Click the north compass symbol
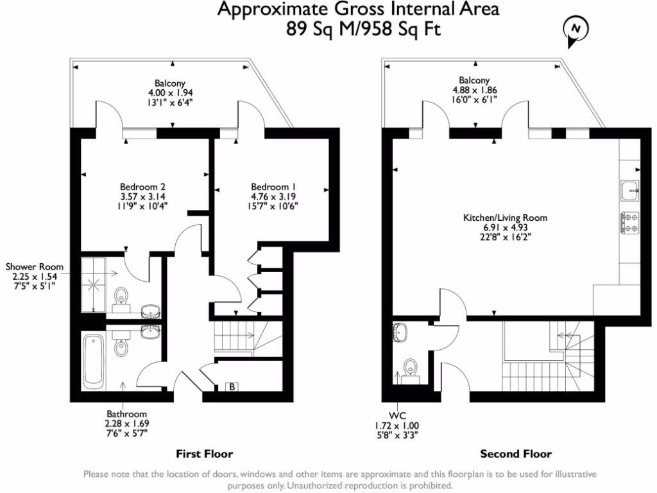point(576,30)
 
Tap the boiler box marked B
point(232,386)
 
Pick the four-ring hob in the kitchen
point(629,222)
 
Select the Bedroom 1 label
point(274,187)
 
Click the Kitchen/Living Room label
point(505,218)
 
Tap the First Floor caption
point(204,454)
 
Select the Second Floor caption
point(516,454)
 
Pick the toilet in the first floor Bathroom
point(121,347)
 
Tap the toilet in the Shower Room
point(121,297)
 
